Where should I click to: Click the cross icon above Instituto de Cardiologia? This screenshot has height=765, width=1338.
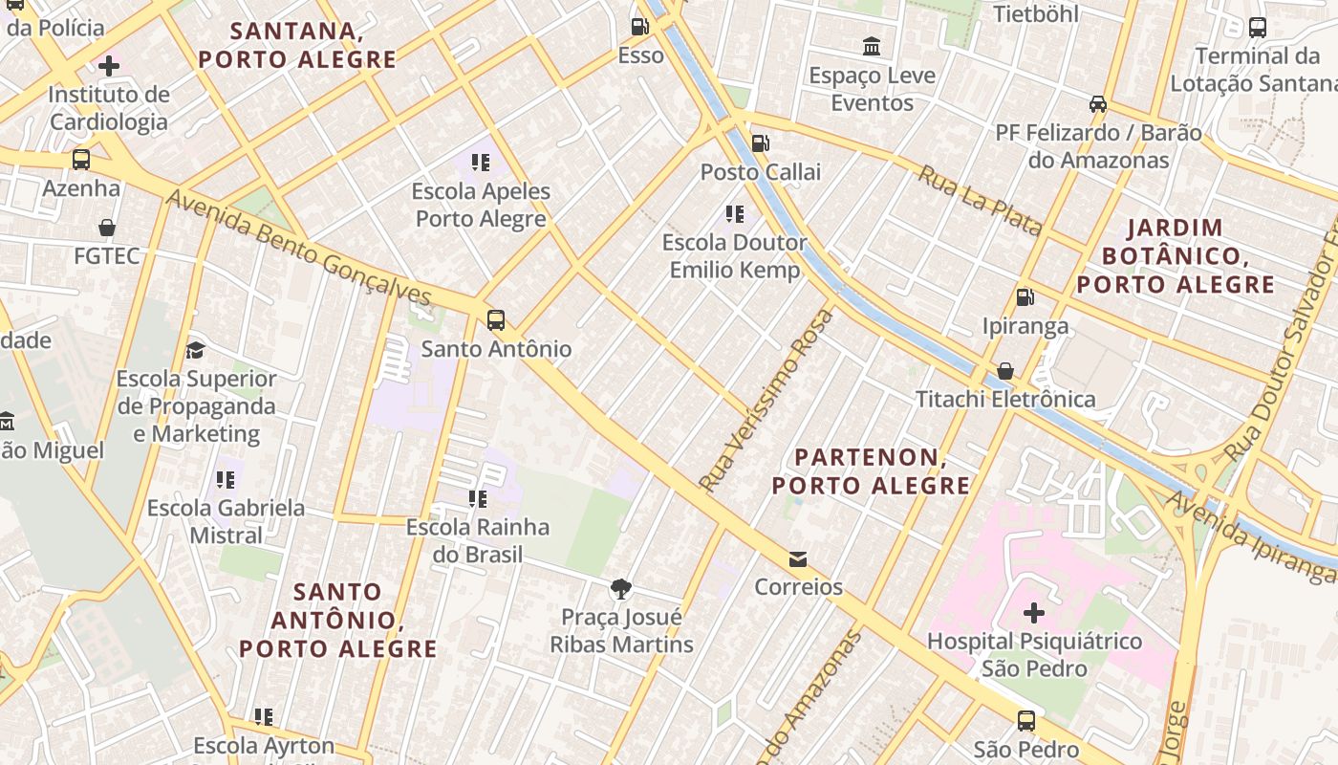point(109,66)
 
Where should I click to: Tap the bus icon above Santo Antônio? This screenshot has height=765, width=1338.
point(495,320)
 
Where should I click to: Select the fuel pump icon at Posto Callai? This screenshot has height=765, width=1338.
point(761,144)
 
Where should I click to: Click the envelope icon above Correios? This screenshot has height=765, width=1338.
point(798,558)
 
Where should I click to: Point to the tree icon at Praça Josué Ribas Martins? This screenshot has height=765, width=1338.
point(621,588)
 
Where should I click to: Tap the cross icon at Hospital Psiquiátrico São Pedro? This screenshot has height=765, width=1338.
point(1033,612)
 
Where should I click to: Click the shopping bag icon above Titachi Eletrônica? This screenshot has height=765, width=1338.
point(1005,371)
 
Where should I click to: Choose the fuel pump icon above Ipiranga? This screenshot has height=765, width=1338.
point(1025,297)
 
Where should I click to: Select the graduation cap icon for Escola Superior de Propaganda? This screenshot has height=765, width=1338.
point(196,350)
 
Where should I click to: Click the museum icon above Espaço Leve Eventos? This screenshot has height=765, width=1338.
point(872,46)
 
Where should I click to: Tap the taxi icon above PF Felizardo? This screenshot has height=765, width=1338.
point(1098,103)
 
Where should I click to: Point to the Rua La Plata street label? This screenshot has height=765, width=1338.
point(980,200)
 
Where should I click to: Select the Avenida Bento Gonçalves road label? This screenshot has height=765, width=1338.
point(299,248)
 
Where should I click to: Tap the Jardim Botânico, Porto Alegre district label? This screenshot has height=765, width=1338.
point(1176,256)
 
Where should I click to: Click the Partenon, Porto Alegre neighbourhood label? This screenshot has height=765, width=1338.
point(871,471)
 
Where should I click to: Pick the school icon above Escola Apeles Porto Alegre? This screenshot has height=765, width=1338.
point(480,163)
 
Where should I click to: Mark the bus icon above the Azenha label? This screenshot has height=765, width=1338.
point(81,159)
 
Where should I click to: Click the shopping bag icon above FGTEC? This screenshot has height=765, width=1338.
point(107,228)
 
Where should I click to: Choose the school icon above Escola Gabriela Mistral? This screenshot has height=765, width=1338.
point(226,479)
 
